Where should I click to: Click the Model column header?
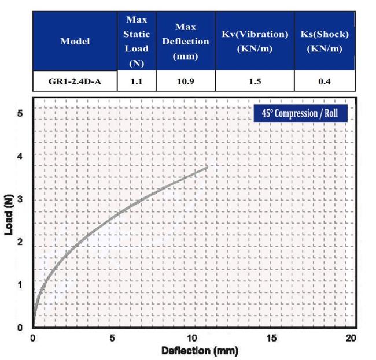click(75, 42)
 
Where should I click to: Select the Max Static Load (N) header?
click(137, 42)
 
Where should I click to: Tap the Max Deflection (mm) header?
click(185, 42)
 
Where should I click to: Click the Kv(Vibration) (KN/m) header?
click(255, 42)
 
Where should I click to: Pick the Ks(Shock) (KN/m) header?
click(324, 42)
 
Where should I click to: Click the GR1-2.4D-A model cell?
click(75, 81)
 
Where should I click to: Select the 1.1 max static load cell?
click(137, 81)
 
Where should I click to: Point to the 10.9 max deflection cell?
click(185, 81)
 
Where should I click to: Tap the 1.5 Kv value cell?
click(255, 81)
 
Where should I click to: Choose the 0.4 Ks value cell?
click(324, 81)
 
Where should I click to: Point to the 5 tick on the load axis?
click(19, 113)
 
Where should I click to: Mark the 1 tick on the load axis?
click(19, 284)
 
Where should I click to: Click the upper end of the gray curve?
click(207, 168)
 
